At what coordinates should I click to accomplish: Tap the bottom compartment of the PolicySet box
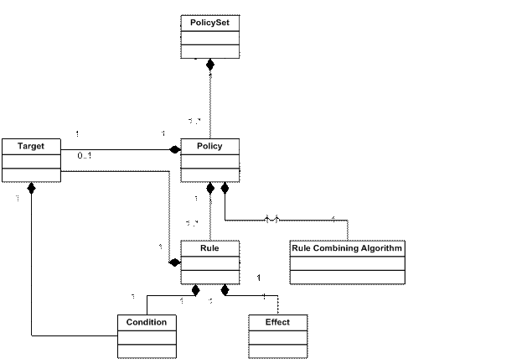point(209,50)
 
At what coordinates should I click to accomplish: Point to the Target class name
point(30,146)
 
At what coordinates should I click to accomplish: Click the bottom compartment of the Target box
point(30,174)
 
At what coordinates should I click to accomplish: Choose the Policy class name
point(209,146)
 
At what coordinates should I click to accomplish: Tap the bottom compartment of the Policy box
point(209,174)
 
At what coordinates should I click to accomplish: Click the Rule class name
point(209,248)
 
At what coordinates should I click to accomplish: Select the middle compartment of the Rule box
point(209,263)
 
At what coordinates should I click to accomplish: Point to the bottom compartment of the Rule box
point(209,277)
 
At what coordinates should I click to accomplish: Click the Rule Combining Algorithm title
point(347,248)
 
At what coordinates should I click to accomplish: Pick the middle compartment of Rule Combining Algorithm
point(347,263)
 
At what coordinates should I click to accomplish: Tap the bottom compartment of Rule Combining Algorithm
point(347,277)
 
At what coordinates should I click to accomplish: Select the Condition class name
point(147,322)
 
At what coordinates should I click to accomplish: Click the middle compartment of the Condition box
point(147,336)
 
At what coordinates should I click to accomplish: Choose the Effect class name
point(278,322)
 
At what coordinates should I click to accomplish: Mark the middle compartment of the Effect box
point(278,336)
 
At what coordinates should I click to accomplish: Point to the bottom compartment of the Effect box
point(278,351)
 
